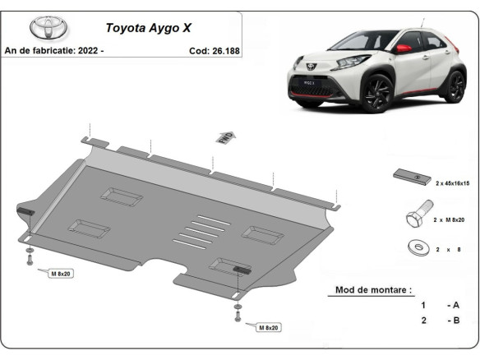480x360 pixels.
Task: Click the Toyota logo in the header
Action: click(x=48, y=27)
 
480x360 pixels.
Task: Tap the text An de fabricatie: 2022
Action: click(x=54, y=50)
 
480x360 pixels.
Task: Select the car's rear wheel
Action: click(x=453, y=85)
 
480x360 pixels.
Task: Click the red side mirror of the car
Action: click(x=404, y=48)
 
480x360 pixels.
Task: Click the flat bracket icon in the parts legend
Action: click(x=411, y=178)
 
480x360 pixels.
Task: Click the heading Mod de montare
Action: click(x=374, y=290)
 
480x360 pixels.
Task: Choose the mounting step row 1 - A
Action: click(x=440, y=305)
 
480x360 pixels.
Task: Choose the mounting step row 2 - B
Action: click(x=440, y=320)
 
